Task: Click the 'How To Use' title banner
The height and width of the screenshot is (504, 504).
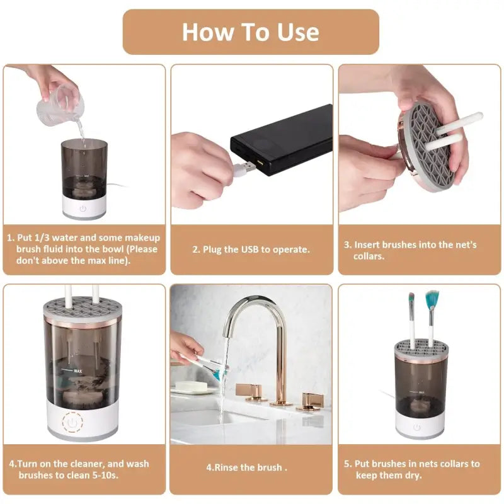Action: [251, 31]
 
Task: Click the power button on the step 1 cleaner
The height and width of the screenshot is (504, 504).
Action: [84, 207]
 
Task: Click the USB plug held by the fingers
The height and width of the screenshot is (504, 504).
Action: [243, 168]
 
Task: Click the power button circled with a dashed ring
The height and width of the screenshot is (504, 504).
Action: [73, 421]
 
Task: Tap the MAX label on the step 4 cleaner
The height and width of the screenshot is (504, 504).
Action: [77, 371]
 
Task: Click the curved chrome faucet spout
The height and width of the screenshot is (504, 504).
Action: [252, 321]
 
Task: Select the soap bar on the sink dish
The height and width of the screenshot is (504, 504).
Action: [187, 385]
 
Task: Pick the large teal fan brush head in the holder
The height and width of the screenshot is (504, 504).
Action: [432, 300]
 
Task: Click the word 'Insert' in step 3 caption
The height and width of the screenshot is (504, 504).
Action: [367, 244]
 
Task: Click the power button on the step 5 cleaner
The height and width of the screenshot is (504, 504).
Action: [416, 427]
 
